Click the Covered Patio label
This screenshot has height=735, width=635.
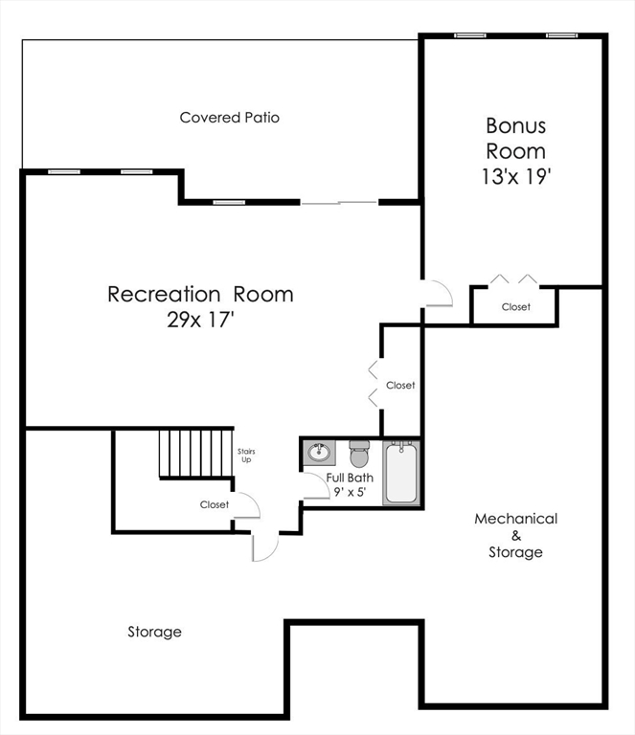230,118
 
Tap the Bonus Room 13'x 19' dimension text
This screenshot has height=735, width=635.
516,177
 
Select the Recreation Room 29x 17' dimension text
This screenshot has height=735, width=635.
200,321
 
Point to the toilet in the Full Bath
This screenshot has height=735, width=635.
359,454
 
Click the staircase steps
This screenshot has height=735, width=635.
195,453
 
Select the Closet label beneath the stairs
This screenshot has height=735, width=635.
215,504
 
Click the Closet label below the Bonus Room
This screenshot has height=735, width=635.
515,307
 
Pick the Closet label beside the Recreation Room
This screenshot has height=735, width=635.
400,386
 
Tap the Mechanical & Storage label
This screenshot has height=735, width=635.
515,535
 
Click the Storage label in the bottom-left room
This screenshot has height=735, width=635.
154,632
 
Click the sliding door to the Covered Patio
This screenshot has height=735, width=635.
339,202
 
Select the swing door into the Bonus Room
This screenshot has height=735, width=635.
437,293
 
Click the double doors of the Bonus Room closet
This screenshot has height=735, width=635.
513,280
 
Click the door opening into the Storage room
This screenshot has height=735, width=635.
263,546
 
